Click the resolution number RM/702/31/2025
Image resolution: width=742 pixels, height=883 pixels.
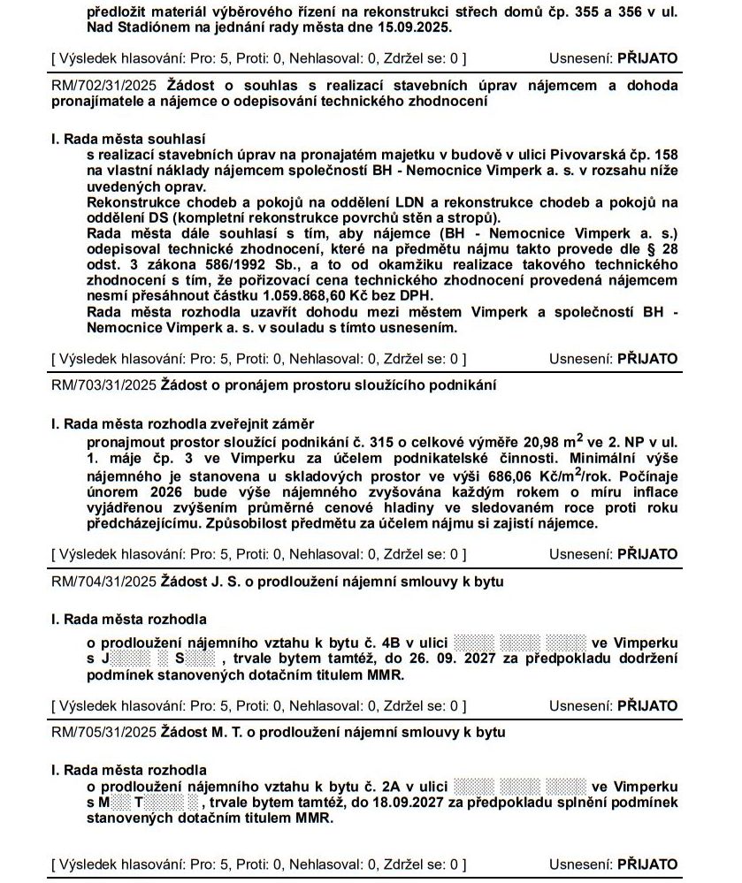pyautogui.click(x=103, y=86)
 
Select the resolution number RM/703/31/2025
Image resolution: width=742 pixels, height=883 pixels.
pyautogui.click(x=103, y=385)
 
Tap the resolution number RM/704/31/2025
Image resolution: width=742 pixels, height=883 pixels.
pyautogui.click(x=103, y=582)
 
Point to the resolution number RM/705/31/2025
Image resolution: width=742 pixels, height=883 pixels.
pyautogui.click(x=103, y=733)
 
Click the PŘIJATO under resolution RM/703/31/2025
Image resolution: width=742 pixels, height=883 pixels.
pyautogui.click(x=646, y=554)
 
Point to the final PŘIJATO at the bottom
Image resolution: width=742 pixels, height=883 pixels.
pyautogui.click(x=646, y=864)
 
